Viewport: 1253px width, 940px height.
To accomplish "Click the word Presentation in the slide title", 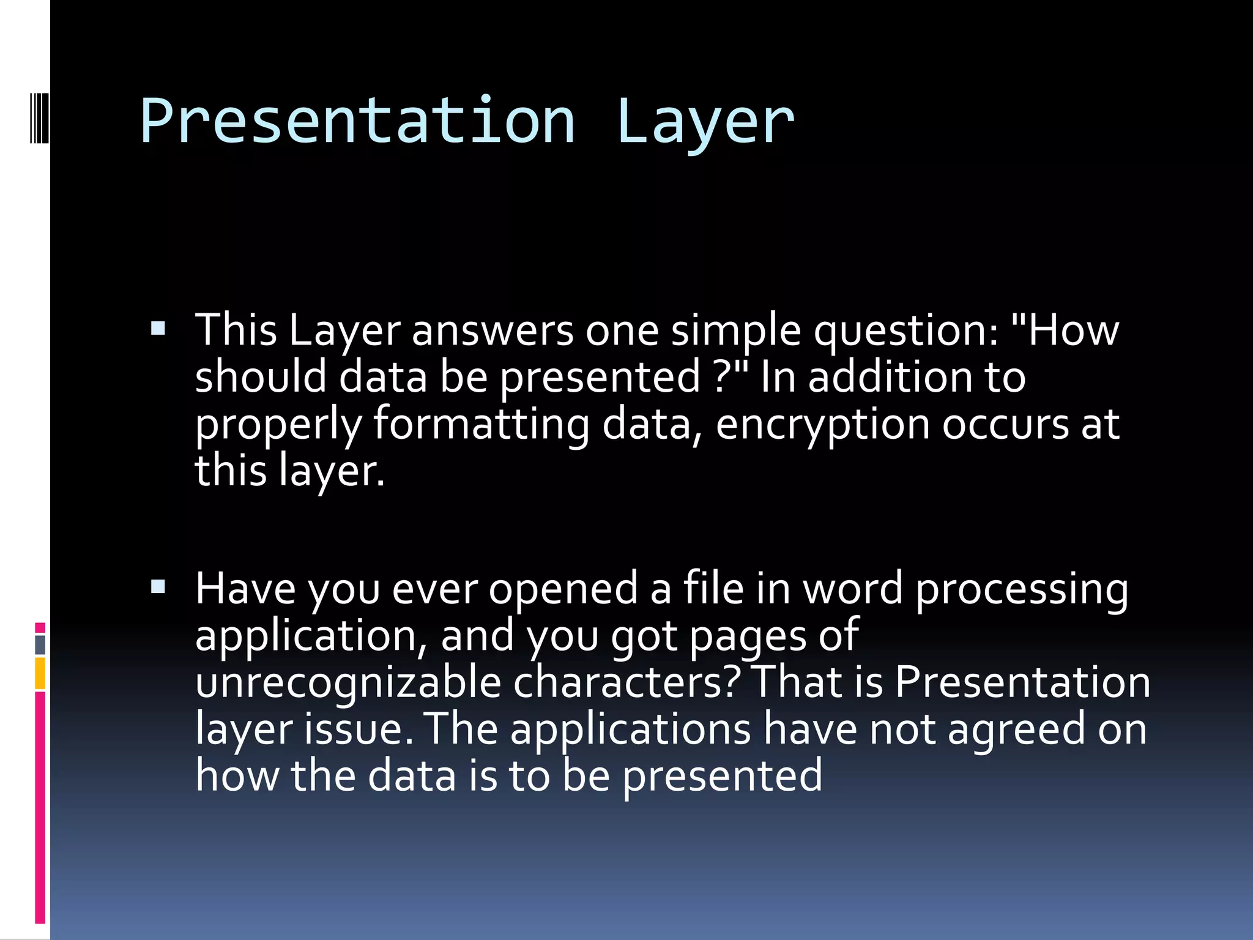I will click(x=358, y=121).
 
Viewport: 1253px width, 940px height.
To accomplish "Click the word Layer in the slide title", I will click(x=705, y=121).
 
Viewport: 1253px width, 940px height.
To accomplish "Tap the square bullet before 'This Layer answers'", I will click(x=158, y=329).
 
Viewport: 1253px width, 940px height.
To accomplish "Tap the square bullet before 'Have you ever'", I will click(x=158, y=587).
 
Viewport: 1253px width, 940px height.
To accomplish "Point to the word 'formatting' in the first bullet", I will click(x=481, y=425).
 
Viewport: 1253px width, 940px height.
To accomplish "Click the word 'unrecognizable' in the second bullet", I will click(x=348, y=683).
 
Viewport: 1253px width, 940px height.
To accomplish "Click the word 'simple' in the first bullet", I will click(x=736, y=331).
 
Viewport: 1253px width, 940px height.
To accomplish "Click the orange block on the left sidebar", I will click(x=40, y=673).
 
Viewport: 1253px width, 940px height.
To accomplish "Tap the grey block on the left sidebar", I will click(x=40, y=644).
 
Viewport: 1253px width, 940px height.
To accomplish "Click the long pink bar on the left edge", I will click(x=40, y=808).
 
